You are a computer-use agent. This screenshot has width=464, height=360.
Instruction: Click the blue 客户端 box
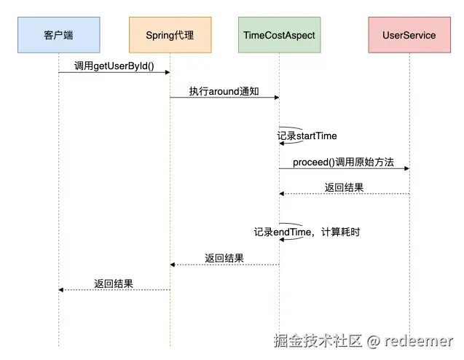click(58, 35)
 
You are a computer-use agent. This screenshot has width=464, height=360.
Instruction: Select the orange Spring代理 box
click(170, 35)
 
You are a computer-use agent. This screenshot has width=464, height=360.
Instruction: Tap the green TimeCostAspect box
click(278, 35)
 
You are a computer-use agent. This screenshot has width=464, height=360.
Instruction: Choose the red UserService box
click(409, 35)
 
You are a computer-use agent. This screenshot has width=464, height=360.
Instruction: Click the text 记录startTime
click(307, 136)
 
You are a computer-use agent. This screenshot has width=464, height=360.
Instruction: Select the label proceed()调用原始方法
click(343, 162)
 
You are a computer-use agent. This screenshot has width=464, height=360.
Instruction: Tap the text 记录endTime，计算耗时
click(307, 232)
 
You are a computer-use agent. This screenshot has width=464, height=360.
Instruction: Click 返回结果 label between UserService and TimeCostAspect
click(344, 187)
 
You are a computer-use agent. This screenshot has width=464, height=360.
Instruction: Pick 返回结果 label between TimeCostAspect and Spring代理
click(224, 258)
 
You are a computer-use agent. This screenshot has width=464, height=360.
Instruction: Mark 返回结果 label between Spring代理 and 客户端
click(114, 283)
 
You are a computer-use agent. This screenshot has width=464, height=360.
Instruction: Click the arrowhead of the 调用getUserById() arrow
click(167, 72)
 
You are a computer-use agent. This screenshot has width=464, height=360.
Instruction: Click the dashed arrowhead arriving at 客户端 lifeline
click(62, 290)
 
